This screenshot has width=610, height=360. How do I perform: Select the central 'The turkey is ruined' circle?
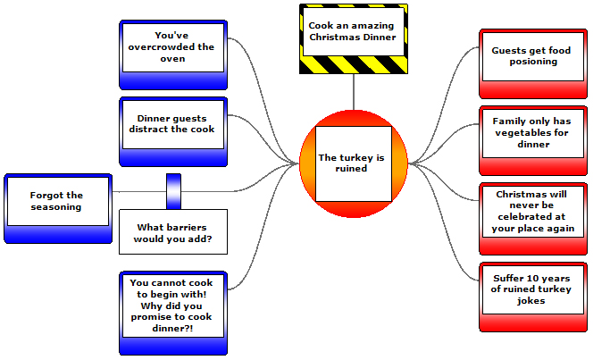352,163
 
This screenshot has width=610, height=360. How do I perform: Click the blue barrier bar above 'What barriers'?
173,190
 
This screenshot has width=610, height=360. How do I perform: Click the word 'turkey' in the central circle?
358,158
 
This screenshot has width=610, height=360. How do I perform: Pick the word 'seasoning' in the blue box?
55,207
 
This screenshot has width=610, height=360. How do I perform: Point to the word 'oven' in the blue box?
173,59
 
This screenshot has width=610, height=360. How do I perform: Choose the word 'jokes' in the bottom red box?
531,301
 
